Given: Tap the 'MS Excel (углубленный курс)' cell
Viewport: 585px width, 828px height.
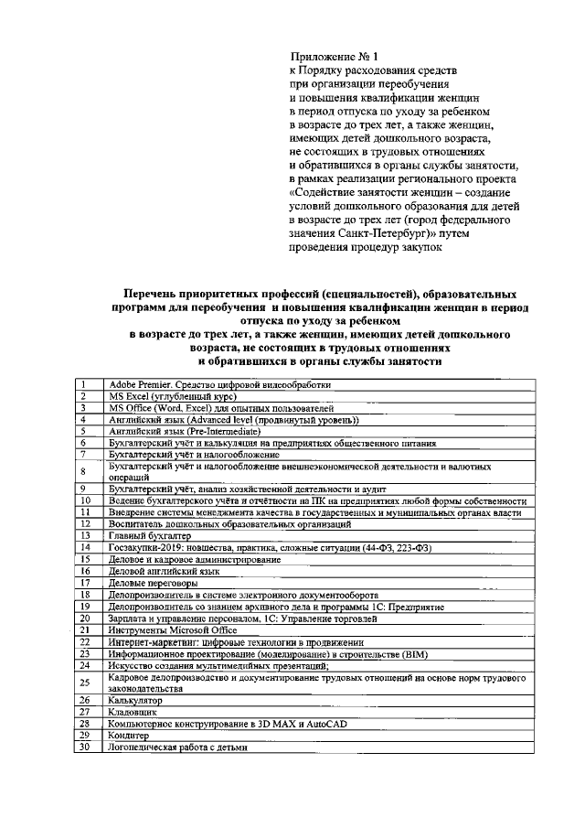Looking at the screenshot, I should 173,397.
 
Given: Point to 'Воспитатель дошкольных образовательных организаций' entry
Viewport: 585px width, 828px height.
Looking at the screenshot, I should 229,524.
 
